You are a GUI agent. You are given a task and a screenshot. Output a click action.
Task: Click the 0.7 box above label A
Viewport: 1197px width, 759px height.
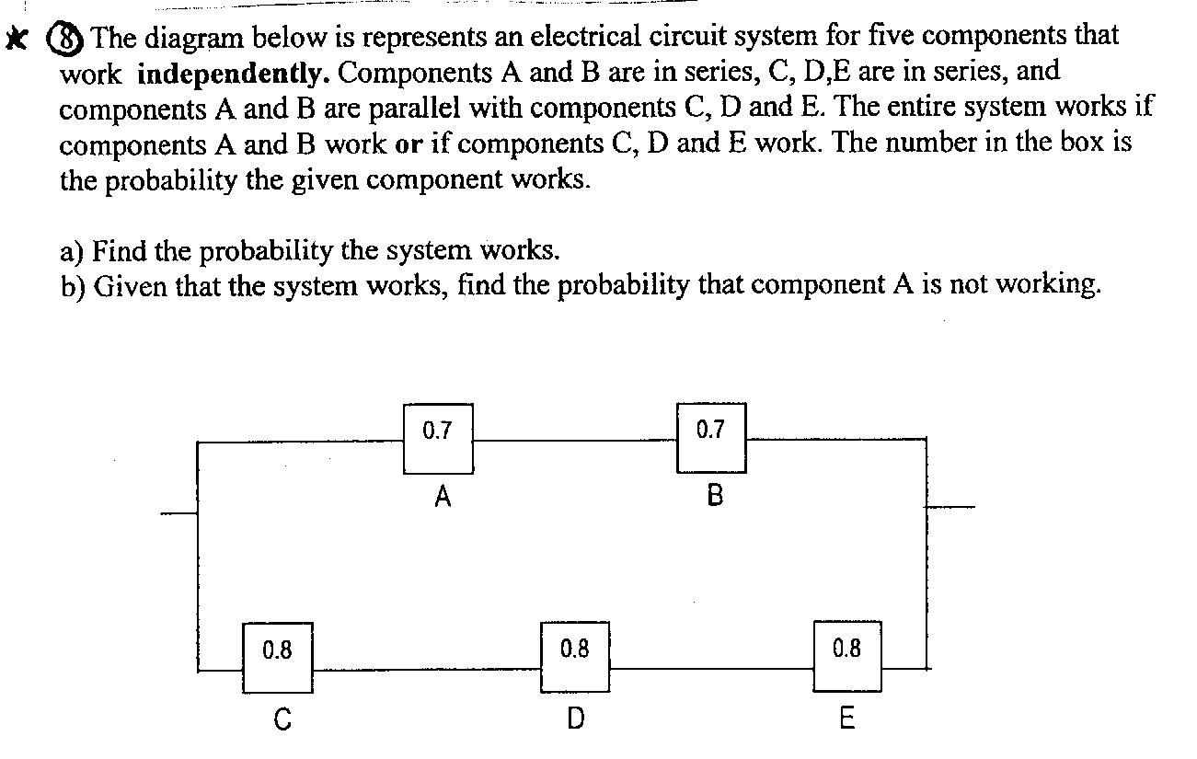tap(438, 438)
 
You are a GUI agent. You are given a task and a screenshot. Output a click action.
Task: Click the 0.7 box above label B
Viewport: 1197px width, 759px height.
tap(711, 438)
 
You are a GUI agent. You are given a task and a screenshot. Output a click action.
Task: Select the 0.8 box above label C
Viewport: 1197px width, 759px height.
tap(277, 657)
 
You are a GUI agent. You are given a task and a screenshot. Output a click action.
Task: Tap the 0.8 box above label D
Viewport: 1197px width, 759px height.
tap(574, 657)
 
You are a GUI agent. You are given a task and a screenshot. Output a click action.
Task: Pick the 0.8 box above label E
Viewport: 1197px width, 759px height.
tap(847, 657)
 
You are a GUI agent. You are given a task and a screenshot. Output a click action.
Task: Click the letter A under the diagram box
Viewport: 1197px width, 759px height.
tap(443, 498)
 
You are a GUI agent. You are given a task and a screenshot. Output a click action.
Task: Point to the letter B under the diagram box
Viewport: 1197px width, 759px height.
tap(715, 497)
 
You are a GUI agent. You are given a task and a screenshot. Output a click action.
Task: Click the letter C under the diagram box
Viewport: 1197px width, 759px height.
tap(282, 720)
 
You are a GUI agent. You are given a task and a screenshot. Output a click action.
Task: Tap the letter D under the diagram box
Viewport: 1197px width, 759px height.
tap(575, 719)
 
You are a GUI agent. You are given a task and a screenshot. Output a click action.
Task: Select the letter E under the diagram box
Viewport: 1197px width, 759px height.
tap(847, 719)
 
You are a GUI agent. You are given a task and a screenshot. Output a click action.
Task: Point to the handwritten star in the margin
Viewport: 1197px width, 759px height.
tap(16, 39)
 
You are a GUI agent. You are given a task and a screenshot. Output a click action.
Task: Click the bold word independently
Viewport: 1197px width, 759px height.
tap(233, 73)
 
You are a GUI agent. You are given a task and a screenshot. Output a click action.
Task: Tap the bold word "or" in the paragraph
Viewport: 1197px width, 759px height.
tap(409, 145)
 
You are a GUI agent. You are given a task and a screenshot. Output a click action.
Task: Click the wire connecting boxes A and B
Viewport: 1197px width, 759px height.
tap(575, 441)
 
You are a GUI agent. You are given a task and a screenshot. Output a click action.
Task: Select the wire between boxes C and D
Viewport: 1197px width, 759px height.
tap(426, 669)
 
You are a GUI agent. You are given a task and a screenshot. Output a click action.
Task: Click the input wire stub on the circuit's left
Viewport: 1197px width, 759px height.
tap(178, 512)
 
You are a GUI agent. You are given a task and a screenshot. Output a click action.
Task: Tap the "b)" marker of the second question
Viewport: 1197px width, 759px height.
tap(73, 287)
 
